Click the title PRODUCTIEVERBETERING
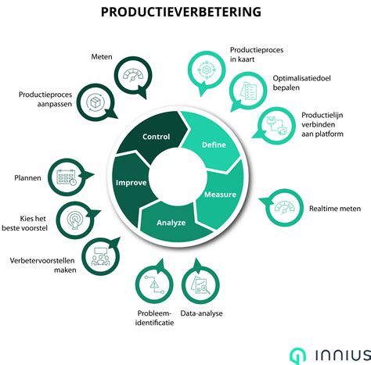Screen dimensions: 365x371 pyautogui.click(x=185, y=13)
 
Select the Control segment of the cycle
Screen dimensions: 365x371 pyautogui.click(x=157, y=137)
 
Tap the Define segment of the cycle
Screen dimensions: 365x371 pyautogui.click(x=213, y=146)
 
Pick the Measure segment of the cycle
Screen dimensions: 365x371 pyautogui.click(x=220, y=194)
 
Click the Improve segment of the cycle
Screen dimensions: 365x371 pyautogui.click(x=131, y=185)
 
